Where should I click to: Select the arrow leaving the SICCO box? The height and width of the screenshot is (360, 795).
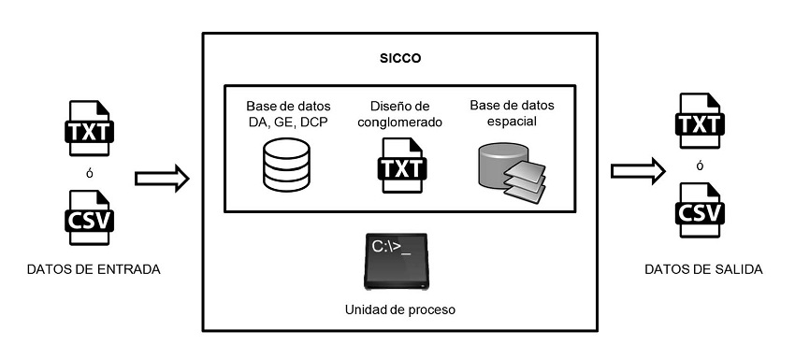(637, 171)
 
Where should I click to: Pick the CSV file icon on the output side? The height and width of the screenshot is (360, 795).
(702, 209)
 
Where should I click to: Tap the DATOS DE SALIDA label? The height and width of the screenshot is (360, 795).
(703, 269)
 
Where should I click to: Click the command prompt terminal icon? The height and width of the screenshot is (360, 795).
(397, 263)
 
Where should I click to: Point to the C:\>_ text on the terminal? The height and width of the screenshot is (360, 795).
(394, 248)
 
